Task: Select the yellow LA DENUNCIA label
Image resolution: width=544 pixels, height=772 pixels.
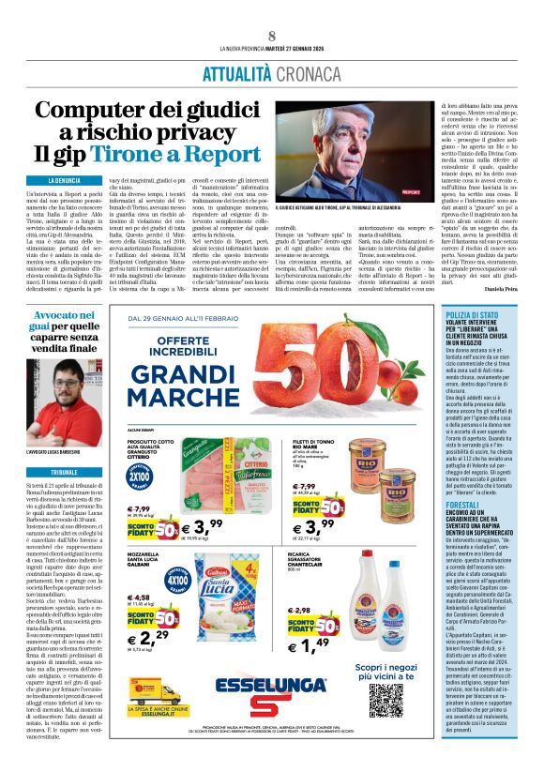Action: [x=64, y=179]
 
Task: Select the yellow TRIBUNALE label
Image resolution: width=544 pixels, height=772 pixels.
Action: [x=65, y=447]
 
